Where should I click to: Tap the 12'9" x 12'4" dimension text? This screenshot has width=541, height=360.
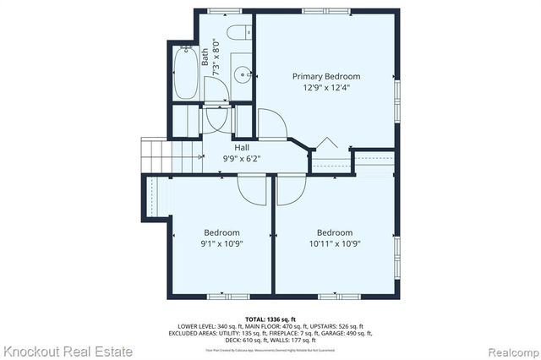click(x=325, y=86)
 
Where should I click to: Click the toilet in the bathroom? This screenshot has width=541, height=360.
click(x=240, y=35)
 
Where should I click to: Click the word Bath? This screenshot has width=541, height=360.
click(x=205, y=57)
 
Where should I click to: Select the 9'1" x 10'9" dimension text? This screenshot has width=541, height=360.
click(x=222, y=244)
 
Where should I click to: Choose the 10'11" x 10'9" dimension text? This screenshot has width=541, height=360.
click(x=334, y=244)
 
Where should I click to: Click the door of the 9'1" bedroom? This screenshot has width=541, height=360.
click(x=252, y=188)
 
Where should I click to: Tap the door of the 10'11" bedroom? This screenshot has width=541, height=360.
click(x=291, y=188)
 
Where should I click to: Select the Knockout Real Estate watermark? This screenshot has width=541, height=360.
click(x=67, y=350)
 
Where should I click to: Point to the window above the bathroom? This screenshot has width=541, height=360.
click(x=223, y=10)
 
